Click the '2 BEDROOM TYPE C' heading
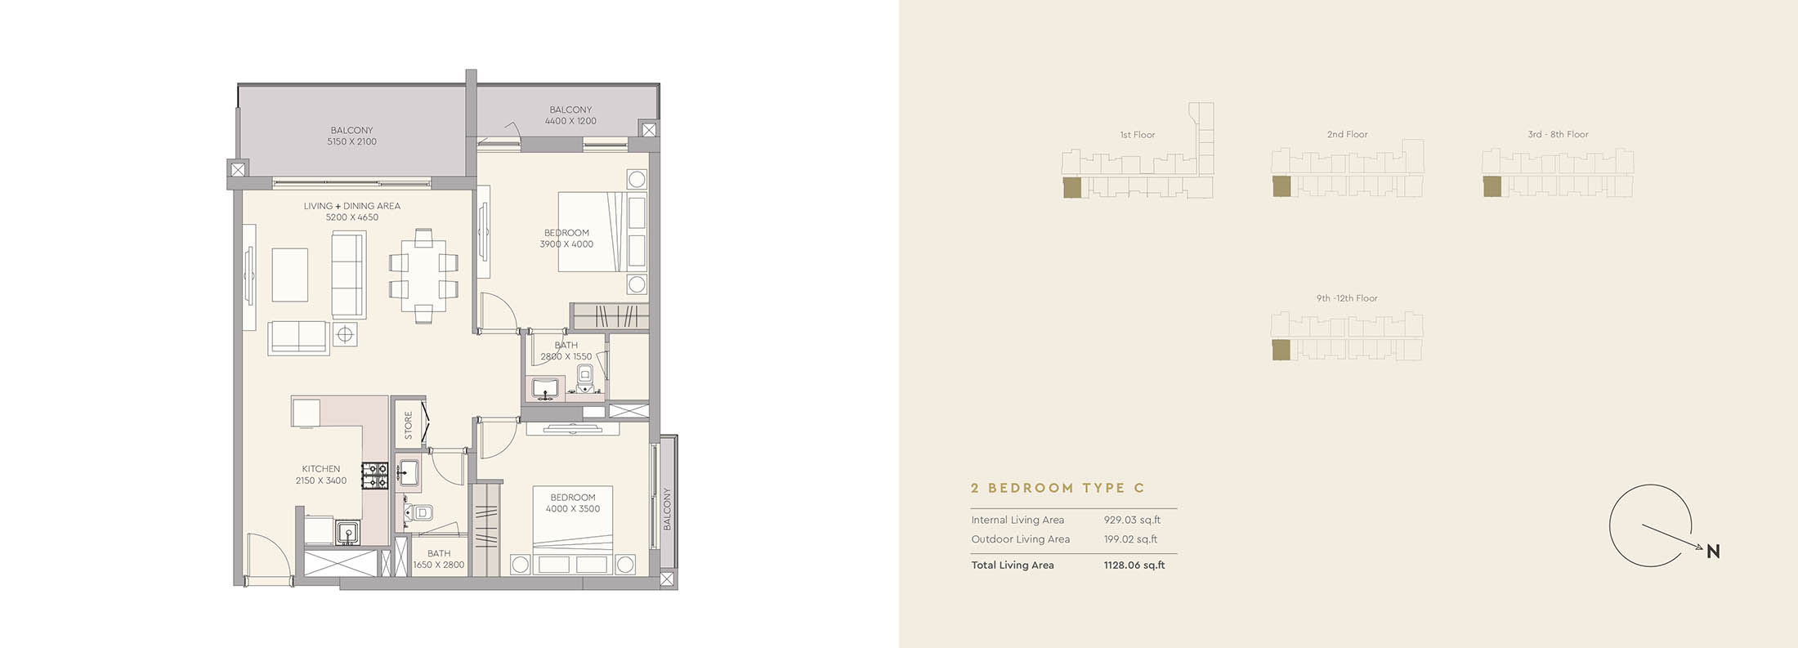pos(1058,488)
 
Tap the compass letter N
pos(1713,552)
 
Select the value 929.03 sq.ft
pos(1132,520)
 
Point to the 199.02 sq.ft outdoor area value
pos(1130,539)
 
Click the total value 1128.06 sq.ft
pos(1134,565)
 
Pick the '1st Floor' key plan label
pos(1138,135)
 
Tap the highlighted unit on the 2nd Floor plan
pos(1281,186)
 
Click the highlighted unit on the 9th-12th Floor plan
pos(1281,351)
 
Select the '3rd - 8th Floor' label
pos(1558,134)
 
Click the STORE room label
pos(409,425)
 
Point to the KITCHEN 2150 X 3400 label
pos(321,475)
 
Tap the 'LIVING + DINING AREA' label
pos(352,206)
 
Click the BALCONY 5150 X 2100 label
pos(352,136)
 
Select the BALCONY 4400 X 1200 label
pos(570,115)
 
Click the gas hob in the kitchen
pos(375,476)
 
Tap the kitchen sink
pos(347,533)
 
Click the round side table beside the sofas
pos(345,334)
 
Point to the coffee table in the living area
pos(290,275)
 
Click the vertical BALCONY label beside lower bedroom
pos(667,509)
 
